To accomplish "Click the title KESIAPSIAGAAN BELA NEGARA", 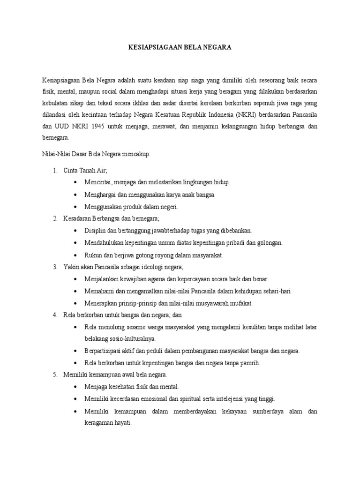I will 180,48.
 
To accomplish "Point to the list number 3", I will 55,267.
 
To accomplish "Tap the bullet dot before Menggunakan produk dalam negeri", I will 76,206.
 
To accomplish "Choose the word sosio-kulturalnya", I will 134,338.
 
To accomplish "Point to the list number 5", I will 55,375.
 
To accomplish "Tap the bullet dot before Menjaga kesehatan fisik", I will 76,387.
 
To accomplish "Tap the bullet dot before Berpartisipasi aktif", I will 76,351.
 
